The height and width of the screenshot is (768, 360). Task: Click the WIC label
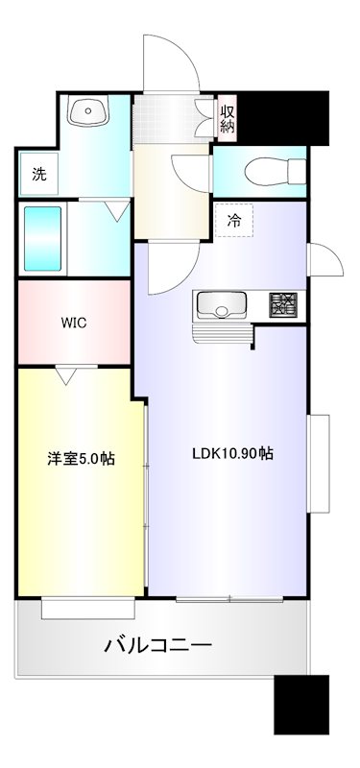tap(74, 323)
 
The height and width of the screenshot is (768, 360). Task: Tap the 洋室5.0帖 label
tap(82, 459)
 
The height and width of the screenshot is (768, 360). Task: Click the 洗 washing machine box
tap(38, 175)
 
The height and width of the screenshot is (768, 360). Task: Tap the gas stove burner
tap(283, 305)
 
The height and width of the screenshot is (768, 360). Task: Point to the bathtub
tap(43, 238)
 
